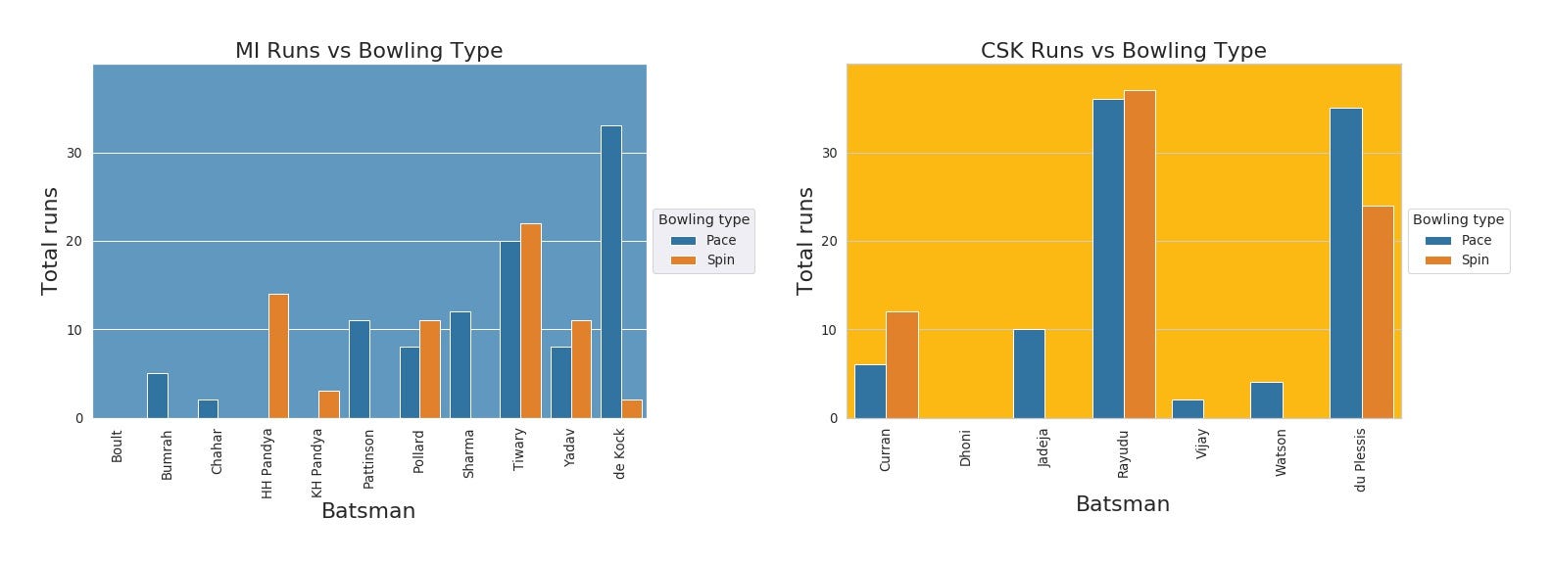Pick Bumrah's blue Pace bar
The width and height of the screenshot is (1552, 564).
coord(158,396)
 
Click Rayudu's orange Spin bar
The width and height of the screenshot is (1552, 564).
coord(1140,255)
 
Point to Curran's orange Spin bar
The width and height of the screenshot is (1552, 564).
coord(902,364)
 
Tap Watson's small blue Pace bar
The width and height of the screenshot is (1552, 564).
coord(1266,399)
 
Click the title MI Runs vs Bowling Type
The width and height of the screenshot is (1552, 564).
coord(368,51)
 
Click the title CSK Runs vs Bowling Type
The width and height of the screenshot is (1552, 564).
coord(1123,51)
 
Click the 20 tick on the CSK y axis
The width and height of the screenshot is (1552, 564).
coord(829,241)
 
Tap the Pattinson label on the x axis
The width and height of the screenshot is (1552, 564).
coord(368,458)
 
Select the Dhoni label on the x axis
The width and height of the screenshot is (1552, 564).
coord(965,447)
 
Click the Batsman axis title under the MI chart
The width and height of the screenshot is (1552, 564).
coord(368,511)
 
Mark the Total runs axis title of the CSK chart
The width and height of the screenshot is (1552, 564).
coord(805,241)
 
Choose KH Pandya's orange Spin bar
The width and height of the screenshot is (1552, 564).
coord(329,404)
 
